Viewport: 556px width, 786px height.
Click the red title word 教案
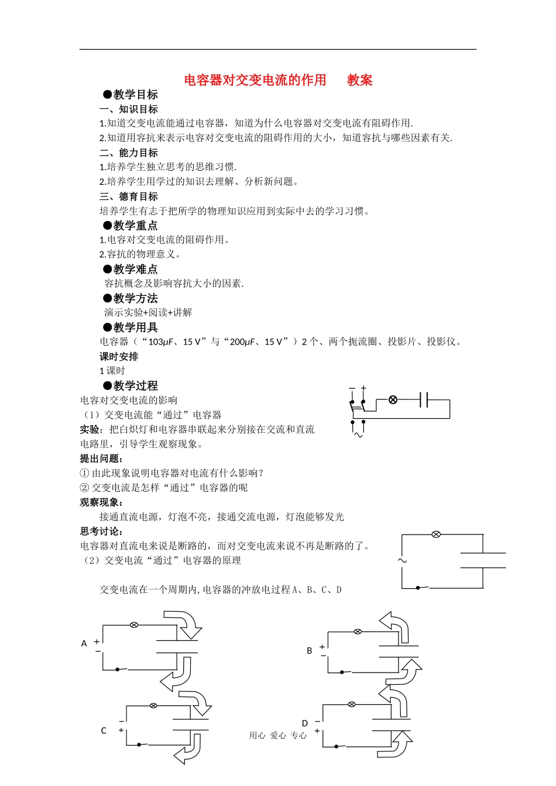click(x=359, y=80)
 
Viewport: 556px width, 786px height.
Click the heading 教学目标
click(x=135, y=95)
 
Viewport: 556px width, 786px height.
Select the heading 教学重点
click(x=135, y=226)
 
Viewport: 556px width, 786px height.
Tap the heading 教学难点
click(x=135, y=270)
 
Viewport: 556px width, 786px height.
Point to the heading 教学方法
click(x=135, y=299)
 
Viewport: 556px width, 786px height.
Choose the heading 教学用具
click(x=135, y=328)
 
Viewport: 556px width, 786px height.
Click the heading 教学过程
click(x=135, y=386)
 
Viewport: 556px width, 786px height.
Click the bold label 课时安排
click(x=119, y=357)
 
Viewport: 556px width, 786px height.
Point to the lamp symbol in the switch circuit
click(x=393, y=400)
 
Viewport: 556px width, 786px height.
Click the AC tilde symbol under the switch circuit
click(x=358, y=435)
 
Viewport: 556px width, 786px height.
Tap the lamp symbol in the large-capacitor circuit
click(x=435, y=535)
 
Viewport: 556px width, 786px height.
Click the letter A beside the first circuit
click(x=84, y=644)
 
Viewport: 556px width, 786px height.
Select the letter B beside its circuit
click(x=310, y=651)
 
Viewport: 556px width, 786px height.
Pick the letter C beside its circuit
click(x=104, y=731)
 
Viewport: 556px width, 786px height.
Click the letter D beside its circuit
click(x=305, y=724)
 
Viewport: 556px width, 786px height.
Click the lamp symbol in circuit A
click(x=134, y=625)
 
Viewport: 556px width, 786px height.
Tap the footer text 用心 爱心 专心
click(x=278, y=736)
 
